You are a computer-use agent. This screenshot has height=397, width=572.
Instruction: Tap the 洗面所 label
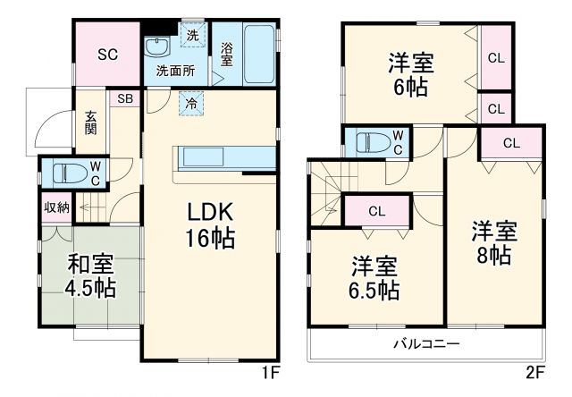[176, 70]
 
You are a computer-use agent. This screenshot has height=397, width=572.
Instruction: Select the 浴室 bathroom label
[227, 54]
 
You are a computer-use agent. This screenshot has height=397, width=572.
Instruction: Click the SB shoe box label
[124, 98]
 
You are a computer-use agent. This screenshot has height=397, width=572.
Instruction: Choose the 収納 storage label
[56, 207]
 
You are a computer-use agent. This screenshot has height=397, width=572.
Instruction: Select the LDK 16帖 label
[210, 225]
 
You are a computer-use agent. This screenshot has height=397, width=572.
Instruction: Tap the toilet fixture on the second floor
[370, 142]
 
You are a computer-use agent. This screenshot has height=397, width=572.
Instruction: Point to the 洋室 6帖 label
[410, 75]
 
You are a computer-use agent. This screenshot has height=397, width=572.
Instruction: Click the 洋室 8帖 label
[495, 243]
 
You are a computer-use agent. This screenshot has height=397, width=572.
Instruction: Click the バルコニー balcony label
[426, 343]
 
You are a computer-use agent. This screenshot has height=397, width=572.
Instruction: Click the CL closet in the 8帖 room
[511, 142]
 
